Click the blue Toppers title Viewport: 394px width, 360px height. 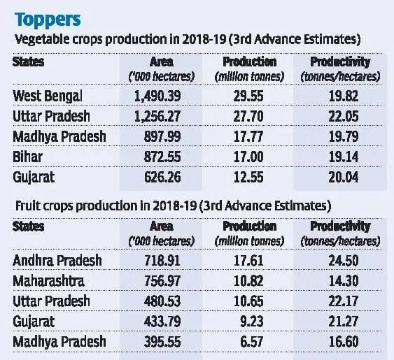48,20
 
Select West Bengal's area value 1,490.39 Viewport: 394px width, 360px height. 157,96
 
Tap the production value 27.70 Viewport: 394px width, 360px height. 248,117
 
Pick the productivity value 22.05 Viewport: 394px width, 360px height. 344,117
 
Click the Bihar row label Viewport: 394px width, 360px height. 27,157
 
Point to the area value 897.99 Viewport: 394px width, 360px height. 162,136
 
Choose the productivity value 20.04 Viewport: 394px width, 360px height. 344,178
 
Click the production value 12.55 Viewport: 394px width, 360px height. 248,178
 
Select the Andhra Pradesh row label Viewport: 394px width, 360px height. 57,260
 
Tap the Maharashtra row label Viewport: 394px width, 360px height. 48,281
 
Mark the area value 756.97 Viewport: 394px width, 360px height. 162,281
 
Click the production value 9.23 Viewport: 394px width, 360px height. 252,322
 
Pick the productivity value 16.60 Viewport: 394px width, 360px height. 344,342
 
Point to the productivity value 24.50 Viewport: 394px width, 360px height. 344,260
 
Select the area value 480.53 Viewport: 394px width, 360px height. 162,301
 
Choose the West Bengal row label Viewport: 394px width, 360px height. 48,96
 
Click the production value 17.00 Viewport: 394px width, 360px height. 248,157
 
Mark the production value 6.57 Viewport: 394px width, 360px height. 252,342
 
